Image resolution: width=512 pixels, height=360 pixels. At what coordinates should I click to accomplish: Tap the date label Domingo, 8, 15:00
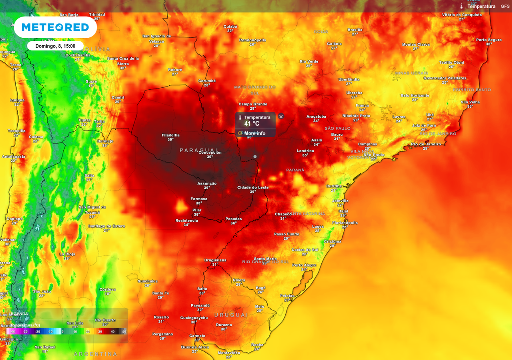[x=55, y=46]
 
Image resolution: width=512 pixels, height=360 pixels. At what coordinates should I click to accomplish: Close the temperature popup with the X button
[x=281, y=116]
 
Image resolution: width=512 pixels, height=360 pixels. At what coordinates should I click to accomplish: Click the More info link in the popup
[x=254, y=133]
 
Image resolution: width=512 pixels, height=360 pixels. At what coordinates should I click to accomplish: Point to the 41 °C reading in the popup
[x=252, y=123]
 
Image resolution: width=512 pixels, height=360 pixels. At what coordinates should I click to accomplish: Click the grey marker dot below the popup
[x=255, y=157]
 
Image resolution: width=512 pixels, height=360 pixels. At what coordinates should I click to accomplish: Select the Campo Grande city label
[x=253, y=104]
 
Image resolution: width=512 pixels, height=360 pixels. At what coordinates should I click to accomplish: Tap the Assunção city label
[x=207, y=183]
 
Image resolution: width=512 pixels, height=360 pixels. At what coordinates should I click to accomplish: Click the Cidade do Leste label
[x=253, y=187]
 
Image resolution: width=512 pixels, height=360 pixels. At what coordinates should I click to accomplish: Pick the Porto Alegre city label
[x=304, y=265]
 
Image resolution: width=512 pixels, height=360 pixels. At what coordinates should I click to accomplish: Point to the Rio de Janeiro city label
[x=426, y=144]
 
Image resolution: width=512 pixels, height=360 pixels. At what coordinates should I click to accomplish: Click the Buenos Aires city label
[x=194, y=347]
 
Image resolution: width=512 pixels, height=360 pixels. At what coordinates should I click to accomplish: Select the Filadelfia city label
[x=171, y=135]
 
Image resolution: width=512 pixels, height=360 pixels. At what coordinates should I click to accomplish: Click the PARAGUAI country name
[x=199, y=150]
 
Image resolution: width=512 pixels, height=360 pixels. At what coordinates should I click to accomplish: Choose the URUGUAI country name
[x=231, y=315]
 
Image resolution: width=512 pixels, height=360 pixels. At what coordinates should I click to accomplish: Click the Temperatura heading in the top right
[x=481, y=6]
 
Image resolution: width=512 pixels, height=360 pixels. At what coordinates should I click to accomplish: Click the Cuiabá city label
[x=230, y=26]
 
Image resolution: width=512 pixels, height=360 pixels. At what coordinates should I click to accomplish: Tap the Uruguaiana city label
[x=215, y=260]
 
